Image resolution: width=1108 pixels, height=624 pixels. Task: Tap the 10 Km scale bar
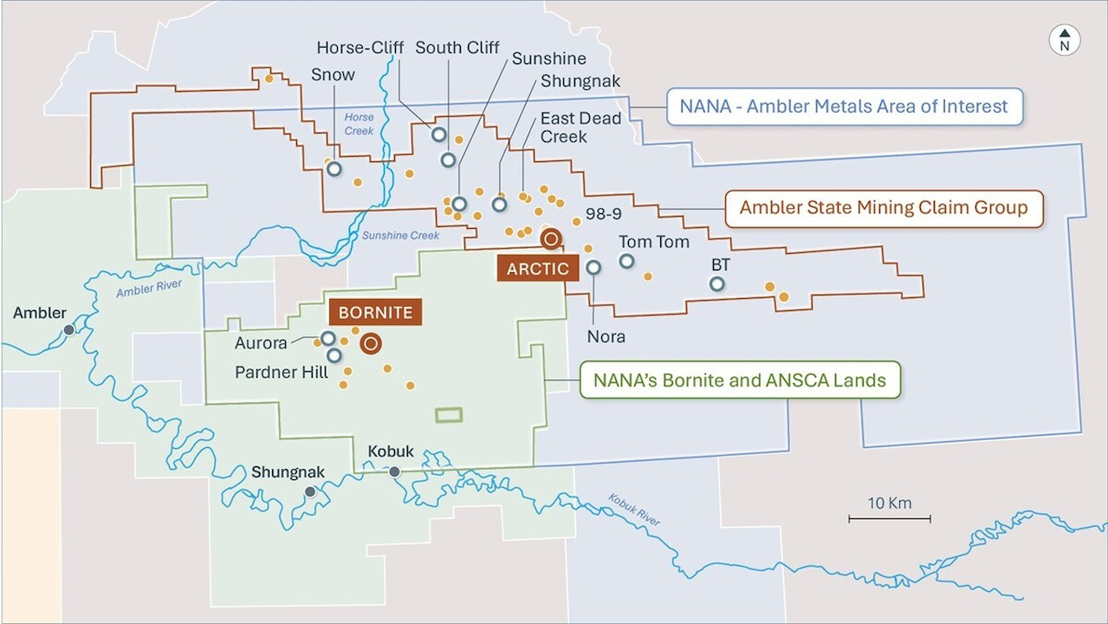point(889,518)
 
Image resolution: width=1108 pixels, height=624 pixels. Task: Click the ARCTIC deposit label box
point(538,269)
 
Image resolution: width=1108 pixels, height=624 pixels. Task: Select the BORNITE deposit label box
point(375,313)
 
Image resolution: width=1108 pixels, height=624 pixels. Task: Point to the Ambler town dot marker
point(68,330)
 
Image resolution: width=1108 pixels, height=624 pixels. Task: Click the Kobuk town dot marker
point(394,471)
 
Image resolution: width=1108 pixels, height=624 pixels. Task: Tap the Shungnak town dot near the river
point(309,491)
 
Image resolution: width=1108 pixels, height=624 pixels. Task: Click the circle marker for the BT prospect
point(717,283)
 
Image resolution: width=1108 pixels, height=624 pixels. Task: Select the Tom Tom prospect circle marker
point(626,261)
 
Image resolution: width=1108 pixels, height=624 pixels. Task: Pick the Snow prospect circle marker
point(334,169)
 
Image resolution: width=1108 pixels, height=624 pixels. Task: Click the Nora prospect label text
point(606,336)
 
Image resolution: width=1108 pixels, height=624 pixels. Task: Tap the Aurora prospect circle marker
point(328,339)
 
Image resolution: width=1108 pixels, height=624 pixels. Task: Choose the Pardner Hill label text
point(282,373)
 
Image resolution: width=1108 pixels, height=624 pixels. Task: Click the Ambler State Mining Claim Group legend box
point(883,208)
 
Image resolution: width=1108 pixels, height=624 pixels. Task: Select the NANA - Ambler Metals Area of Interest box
point(844,107)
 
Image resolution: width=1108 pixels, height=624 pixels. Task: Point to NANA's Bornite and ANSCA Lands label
point(739,380)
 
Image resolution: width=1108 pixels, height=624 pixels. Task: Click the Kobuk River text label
point(634,510)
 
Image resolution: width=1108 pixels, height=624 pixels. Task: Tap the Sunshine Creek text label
point(400,236)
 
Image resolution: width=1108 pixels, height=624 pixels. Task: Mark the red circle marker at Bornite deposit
point(371,344)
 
